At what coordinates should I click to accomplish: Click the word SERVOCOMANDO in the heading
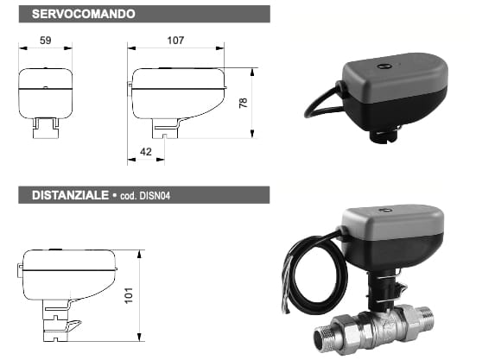pos(84,14)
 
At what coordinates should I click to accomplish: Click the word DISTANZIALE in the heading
pos(70,195)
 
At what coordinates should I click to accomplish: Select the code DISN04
pos(155,196)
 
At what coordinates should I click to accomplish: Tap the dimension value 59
pos(46,41)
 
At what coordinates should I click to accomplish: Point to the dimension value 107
pos(175,41)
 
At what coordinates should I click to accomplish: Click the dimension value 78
pos(243,103)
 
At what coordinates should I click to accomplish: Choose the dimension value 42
pos(145,152)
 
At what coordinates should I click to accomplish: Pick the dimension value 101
pos(129,295)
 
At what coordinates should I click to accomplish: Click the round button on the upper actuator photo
pos(380,66)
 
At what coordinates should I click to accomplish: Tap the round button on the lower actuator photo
pos(385,211)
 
